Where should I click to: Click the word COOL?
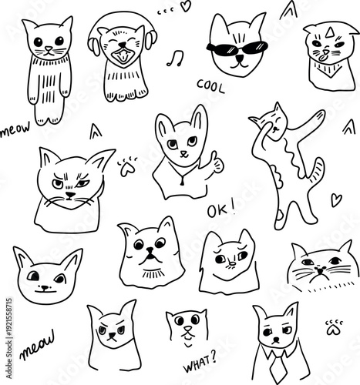tap(210, 85)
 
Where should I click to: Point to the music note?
tap(178, 58)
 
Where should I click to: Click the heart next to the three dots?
tap(185, 6)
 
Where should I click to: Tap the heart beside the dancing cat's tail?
tap(336, 199)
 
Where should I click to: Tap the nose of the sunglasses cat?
tap(237, 58)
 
